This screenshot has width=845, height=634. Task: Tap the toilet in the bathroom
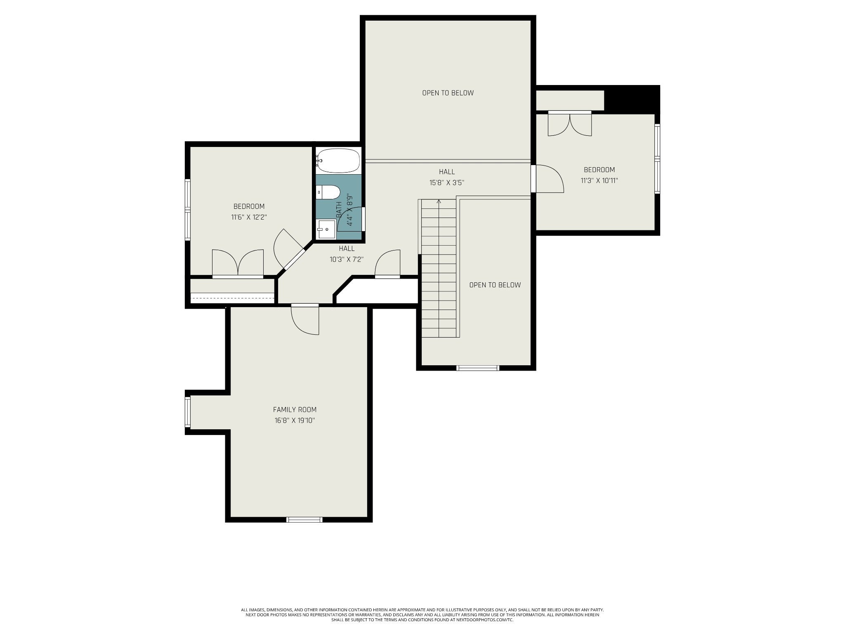click(328, 192)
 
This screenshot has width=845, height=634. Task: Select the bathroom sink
click(326, 229)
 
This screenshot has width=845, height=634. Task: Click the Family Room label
click(295, 409)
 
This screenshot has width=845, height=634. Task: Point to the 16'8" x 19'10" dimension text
click(295, 421)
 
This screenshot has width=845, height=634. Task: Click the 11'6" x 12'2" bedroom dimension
click(249, 217)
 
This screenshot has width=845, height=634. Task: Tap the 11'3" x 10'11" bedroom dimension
click(599, 180)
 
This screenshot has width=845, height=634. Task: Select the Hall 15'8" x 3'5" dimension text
click(447, 182)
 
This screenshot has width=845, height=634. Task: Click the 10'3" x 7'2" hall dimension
click(347, 260)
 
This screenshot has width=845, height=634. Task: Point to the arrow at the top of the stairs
click(439, 201)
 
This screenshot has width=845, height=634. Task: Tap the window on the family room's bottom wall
click(304, 519)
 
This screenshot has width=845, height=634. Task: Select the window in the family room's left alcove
click(188, 412)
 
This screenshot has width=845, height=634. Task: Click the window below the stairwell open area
click(478, 368)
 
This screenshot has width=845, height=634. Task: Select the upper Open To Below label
click(448, 93)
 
